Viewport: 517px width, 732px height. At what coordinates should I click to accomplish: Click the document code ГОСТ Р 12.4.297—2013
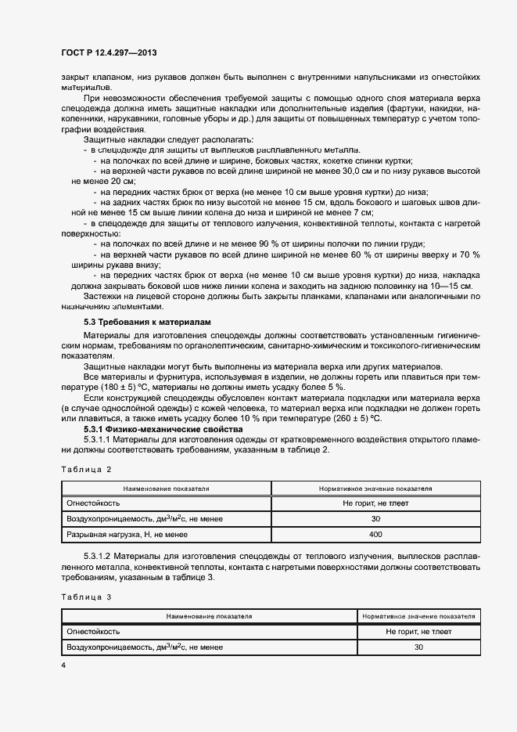pyautogui.click(x=110, y=53)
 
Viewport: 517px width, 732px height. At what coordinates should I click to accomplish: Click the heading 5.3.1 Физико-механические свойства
pyautogui.click(x=153, y=430)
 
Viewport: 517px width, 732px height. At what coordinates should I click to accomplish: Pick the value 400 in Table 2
pyautogui.click(x=375, y=534)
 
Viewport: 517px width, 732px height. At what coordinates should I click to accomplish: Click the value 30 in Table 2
pyautogui.click(x=375, y=518)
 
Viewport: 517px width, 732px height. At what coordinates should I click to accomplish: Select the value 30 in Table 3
pyautogui.click(x=418, y=647)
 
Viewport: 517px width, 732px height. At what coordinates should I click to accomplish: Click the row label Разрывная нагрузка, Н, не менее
pyautogui.click(x=127, y=534)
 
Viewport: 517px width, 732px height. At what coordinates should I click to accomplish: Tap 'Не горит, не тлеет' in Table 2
pyautogui.click(x=375, y=503)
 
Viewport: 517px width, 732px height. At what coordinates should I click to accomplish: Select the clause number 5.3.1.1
pyautogui.click(x=99, y=440)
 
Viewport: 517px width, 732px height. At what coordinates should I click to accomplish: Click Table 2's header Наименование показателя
pyautogui.click(x=165, y=488)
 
